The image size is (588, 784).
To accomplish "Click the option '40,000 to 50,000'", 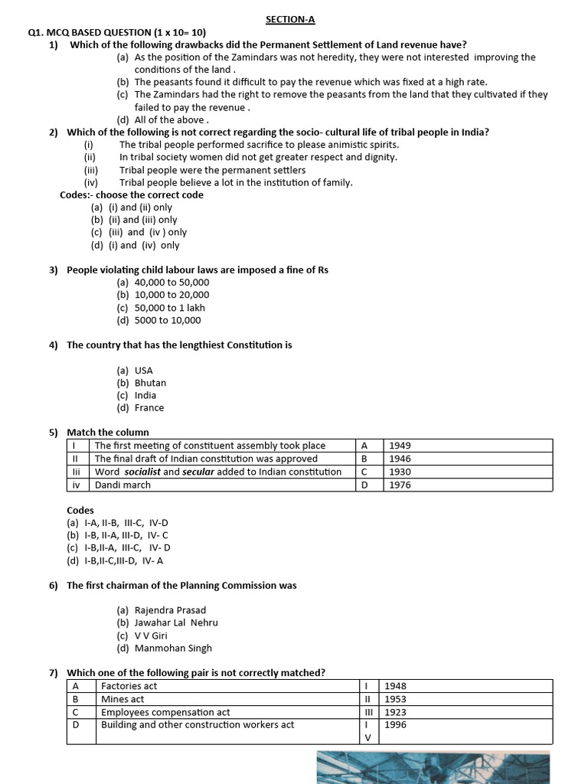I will (171, 282).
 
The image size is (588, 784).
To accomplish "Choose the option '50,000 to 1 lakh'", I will (171, 308).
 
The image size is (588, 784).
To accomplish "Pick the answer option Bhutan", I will (150, 383).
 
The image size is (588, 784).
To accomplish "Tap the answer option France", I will (149, 408).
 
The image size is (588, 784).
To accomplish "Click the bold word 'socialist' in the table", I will (142, 472).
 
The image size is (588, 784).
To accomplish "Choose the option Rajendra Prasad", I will (170, 610).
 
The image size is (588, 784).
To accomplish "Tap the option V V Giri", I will (151, 635).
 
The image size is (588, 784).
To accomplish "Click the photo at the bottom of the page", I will (433, 767).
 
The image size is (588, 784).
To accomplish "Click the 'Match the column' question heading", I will (108, 433).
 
